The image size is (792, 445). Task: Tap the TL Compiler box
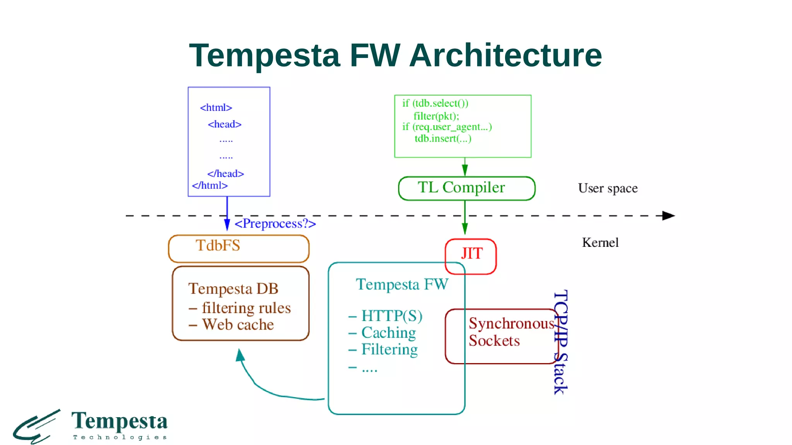(x=466, y=188)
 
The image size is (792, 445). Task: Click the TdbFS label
(x=218, y=246)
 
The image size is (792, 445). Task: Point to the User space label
(x=608, y=189)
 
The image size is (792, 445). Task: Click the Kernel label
(x=600, y=243)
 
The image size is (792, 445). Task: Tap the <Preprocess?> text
(x=275, y=224)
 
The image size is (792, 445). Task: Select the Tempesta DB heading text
(x=233, y=289)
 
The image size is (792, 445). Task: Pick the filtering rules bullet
(x=246, y=308)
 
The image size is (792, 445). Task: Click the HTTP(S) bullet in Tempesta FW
(x=391, y=316)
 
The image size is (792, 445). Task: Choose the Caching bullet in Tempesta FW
(x=388, y=333)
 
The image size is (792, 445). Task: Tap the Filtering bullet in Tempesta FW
(x=389, y=350)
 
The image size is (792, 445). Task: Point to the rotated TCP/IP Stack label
(x=560, y=342)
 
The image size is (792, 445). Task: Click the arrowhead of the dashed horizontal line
(x=668, y=216)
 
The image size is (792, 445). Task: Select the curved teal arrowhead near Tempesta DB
(x=240, y=354)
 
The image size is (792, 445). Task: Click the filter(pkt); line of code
(x=436, y=116)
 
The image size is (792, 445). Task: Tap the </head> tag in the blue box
(x=225, y=174)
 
